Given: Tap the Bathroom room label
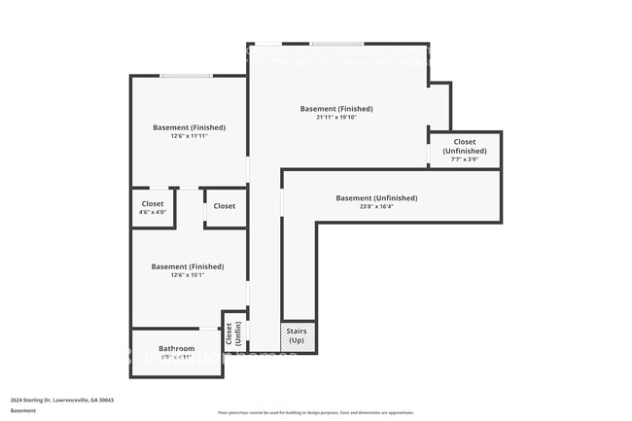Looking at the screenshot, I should click(177, 348).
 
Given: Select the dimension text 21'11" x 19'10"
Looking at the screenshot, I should click(336, 118).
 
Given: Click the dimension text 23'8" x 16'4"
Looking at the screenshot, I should click(376, 206).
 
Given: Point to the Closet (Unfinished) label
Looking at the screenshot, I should click(465, 146).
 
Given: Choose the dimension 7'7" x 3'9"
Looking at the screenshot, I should click(465, 159).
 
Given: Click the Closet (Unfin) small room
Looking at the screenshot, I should click(233, 334).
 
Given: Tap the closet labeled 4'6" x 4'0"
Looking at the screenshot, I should click(154, 207).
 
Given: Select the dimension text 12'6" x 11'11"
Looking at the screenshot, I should click(189, 136).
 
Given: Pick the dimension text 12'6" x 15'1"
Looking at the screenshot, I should click(188, 275).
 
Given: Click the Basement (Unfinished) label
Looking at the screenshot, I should click(376, 197).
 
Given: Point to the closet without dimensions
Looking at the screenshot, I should click(225, 206).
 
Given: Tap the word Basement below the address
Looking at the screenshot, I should click(23, 410).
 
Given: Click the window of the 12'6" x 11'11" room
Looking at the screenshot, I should click(186, 75).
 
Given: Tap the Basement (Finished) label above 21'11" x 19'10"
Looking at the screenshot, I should click(336, 109).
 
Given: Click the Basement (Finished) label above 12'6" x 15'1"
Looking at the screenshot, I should click(188, 266).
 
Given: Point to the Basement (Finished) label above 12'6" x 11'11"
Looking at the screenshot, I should click(189, 127).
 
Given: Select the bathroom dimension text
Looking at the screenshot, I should click(177, 358).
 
